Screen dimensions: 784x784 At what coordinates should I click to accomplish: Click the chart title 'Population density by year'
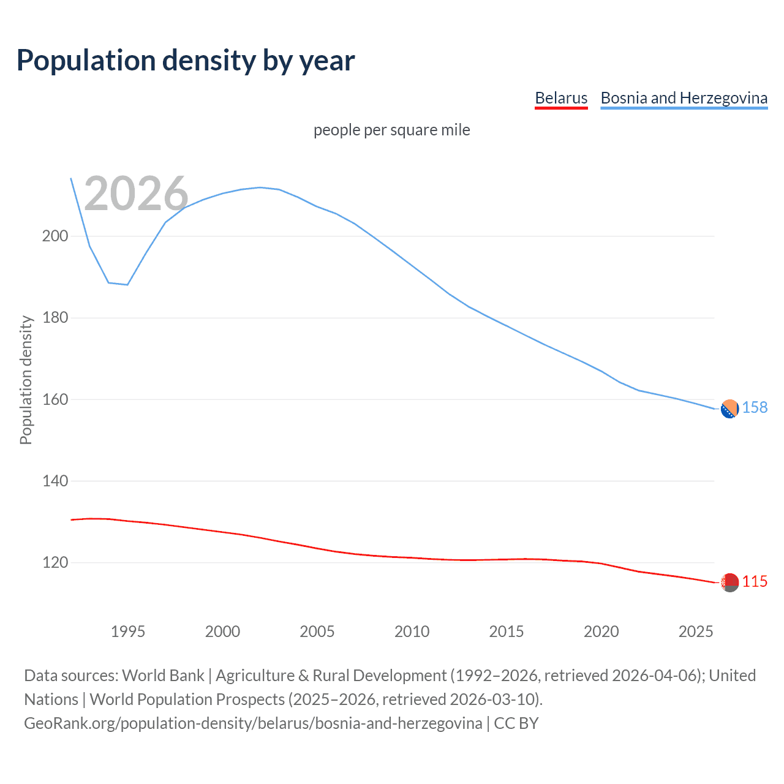186,61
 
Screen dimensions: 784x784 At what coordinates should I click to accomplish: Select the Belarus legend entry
561,98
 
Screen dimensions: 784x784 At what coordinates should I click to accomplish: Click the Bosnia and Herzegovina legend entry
684,98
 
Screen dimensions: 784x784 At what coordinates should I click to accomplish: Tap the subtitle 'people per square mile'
392,130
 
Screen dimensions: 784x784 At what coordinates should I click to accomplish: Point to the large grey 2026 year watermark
136,194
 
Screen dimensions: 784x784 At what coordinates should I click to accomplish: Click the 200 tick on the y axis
55,236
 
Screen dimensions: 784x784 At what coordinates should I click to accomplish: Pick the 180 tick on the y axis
55,318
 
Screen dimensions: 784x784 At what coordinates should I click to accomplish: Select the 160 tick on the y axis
55,399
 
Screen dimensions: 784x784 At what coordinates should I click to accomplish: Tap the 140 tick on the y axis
55,481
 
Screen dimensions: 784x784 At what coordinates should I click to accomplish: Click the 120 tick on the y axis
55,562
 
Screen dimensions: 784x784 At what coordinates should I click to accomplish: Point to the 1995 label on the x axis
127,631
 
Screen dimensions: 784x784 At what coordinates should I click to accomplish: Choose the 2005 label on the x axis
317,631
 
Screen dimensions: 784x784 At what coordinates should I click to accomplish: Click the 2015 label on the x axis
506,631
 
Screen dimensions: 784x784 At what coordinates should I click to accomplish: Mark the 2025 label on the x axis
696,631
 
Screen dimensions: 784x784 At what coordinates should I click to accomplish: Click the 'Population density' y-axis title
26,380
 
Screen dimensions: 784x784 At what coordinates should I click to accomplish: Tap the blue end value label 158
755,408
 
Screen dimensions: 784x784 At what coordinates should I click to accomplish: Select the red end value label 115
755,582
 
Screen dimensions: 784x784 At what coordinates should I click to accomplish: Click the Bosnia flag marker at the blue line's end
729,409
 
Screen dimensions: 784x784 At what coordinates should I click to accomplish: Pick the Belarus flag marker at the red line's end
729,582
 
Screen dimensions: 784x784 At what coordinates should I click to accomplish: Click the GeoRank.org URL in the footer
253,723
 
